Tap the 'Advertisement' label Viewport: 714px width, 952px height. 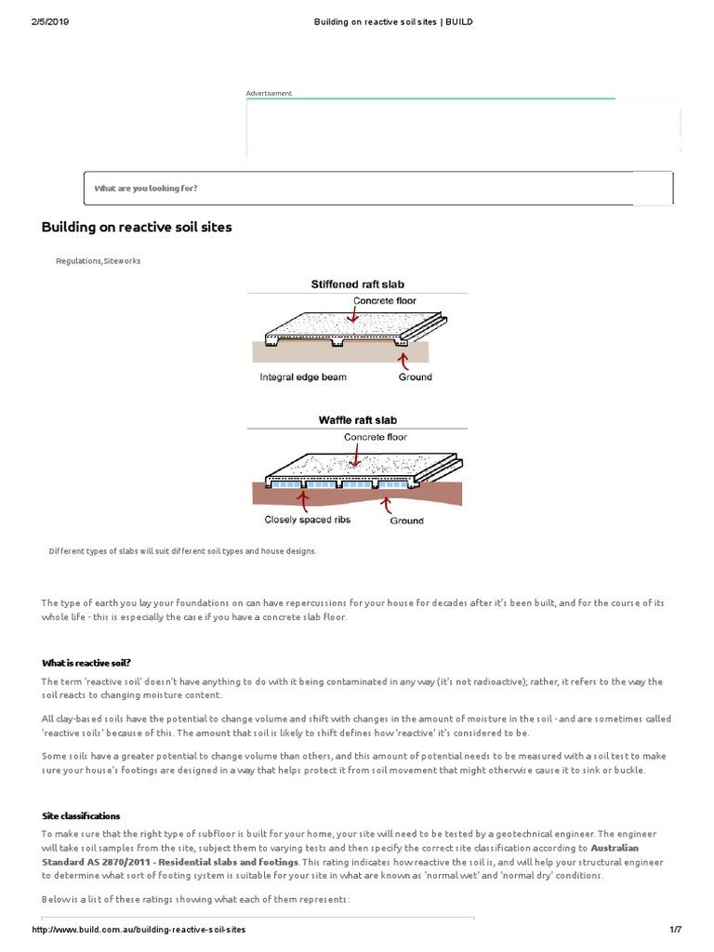[x=269, y=93]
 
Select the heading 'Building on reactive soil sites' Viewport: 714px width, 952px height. [x=137, y=227]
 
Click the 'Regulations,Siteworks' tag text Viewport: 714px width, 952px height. [x=99, y=261]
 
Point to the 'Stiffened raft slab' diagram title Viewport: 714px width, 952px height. [x=357, y=284]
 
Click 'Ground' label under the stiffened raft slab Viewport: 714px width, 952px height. [x=415, y=377]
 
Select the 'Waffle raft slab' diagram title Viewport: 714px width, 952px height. [x=358, y=420]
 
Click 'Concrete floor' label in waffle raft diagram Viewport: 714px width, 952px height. [x=376, y=437]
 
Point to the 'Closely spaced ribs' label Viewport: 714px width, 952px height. [x=307, y=520]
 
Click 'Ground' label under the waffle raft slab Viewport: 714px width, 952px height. [x=406, y=521]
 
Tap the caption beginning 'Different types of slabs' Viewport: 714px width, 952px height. [x=182, y=551]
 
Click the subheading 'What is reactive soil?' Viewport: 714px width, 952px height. [x=86, y=663]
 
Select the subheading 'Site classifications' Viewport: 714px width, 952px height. [x=81, y=815]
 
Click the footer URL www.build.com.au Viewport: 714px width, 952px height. [x=139, y=930]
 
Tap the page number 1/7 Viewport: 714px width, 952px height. [x=676, y=930]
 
